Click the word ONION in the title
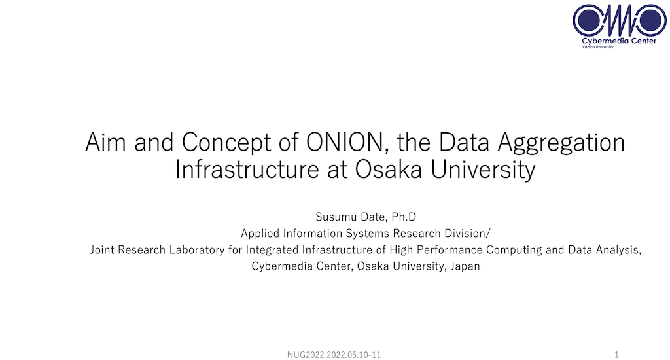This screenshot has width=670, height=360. coord(345,142)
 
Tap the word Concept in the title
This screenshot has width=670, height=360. coord(226,143)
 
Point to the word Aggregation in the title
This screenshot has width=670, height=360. coord(561,143)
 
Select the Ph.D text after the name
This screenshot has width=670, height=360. coord(403,217)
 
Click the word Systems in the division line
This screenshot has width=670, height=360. coord(368,234)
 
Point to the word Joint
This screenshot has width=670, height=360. coord(103,249)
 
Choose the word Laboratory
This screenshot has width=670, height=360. coord(197,250)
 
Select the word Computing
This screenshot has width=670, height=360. coord(514,250)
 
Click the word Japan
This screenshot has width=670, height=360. coord(465,266)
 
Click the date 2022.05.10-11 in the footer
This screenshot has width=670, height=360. coord(354,355)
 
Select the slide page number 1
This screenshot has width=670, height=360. coord(616,355)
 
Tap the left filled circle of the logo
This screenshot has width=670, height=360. coord(589,20)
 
